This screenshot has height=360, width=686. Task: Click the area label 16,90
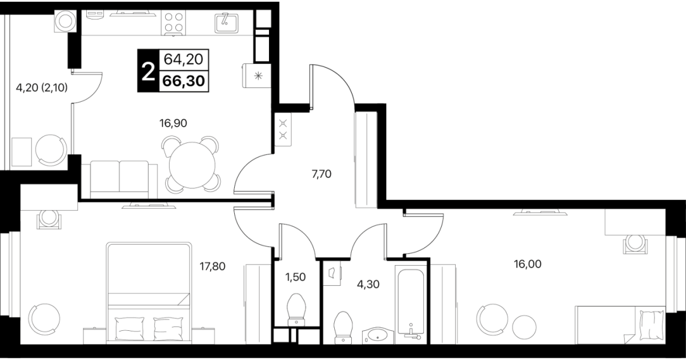173,123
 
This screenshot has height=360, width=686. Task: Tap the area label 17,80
212,266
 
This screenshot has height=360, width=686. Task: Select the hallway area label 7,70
322,174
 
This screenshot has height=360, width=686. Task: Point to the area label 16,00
527,264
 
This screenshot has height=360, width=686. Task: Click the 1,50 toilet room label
295,277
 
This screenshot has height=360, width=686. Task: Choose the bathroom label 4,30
368,285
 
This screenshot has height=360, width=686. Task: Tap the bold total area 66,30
184,81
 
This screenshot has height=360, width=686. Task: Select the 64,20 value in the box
183,59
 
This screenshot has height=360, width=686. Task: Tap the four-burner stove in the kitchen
173,22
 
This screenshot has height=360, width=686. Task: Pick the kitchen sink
226,23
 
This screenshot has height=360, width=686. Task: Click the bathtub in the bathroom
411,304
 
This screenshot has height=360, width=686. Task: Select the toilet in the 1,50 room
296,310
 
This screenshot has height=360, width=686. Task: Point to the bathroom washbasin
378,335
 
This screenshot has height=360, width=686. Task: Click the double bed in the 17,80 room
149,293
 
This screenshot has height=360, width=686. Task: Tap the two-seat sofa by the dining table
119,179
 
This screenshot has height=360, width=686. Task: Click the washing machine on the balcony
65,21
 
